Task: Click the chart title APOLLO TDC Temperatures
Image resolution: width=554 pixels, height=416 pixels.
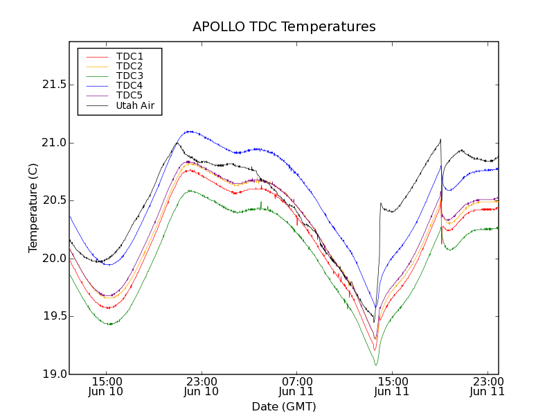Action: (x=284, y=27)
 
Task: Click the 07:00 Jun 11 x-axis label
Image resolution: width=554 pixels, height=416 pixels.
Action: (x=296, y=386)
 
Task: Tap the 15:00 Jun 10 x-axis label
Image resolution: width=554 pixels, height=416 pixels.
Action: (x=107, y=386)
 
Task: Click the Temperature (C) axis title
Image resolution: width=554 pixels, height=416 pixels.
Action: (x=33, y=208)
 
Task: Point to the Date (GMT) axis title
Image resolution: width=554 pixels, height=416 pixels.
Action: (x=284, y=406)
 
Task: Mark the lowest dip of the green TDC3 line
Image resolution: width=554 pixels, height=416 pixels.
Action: (x=376, y=365)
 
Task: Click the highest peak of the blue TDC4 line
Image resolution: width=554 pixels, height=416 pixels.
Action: (x=188, y=131)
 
